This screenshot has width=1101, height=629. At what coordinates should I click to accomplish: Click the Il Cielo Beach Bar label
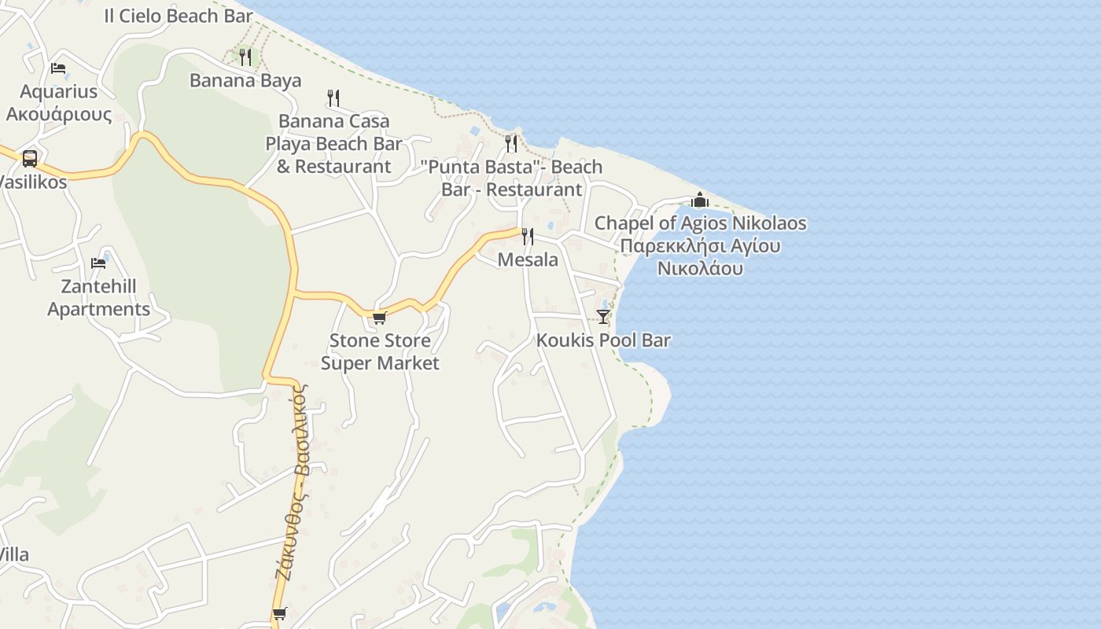pyautogui.click(x=179, y=16)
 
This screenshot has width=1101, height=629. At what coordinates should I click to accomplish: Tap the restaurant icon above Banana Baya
pyautogui.click(x=245, y=57)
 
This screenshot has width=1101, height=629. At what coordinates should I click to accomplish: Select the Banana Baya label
pyautogui.click(x=245, y=80)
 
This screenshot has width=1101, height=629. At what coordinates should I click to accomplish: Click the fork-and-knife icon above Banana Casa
pyautogui.click(x=333, y=98)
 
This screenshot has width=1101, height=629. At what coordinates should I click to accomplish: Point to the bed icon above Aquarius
pyautogui.click(x=58, y=68)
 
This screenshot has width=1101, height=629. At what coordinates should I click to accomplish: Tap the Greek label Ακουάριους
pyautogui.click(x=59, y=115)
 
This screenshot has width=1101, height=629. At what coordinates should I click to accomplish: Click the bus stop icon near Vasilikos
pyautogui.click(x=30, y=158)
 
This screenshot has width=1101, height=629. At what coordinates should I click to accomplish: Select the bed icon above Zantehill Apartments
pyautogui.click(x=98, y=263)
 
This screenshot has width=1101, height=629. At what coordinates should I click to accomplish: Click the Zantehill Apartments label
pyautogui.click(x=98, y=298)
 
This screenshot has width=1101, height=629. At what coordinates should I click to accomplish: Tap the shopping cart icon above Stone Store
pyautogui.click(x=379, y=318)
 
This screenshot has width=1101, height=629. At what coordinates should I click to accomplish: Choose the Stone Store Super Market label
pyautogui.click(x=380, y=351)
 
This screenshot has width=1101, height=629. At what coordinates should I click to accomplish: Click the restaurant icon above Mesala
pyautogui.click(x=528, y=236)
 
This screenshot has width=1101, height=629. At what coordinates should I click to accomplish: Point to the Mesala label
pyautogui.click(x=528, y=260)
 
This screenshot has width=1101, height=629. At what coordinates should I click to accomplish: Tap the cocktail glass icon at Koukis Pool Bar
pyautogui.click(x=603, y=317)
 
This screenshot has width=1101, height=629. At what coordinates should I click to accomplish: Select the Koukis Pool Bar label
pyautogui.click(x=603, y=340)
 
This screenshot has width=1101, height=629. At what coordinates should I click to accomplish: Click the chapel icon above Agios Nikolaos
pyautogui.click(x=700, y=200)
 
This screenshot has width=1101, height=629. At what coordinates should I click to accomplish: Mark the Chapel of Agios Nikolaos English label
pyautogui.click(x=700, y=223)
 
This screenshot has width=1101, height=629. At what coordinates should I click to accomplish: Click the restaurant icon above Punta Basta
pyautogui.click(x=511, y=143)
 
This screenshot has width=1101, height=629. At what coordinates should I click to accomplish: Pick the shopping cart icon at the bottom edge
pyautogui.click(x=279, y=614)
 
